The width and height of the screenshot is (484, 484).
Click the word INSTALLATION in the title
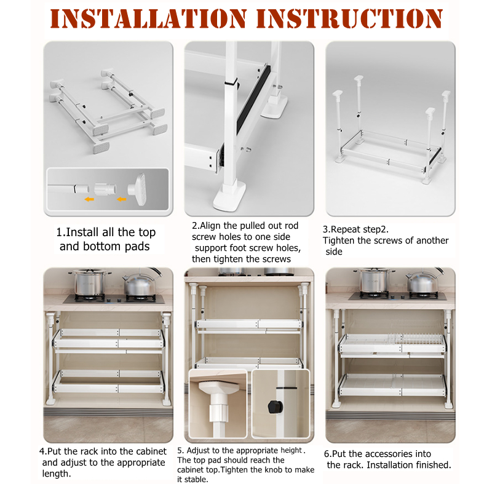point(148,18)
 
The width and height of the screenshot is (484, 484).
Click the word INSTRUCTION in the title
point(349,18)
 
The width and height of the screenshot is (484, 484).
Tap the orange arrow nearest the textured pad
point(121,199)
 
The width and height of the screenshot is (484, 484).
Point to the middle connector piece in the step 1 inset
point(105,189)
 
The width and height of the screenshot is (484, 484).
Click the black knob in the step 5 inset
point(275,407)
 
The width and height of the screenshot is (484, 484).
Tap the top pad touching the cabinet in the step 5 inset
point(218,386)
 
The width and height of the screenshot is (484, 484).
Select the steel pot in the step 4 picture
point(90,282)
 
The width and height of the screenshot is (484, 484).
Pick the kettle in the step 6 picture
point(424,281)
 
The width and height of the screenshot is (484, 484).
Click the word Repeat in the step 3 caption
point(346,229)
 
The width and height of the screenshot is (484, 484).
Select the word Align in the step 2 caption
point(210,226)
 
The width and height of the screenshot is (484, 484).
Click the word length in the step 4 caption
point(55,474)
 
